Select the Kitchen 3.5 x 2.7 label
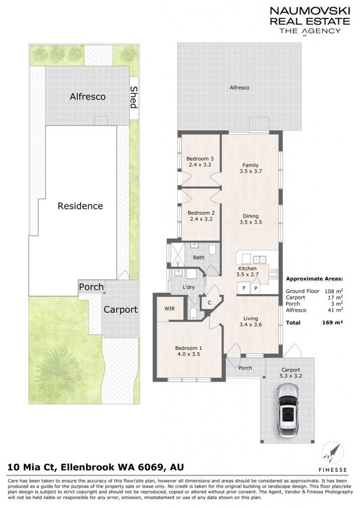click(x=247, y=271)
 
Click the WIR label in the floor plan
click(x=169, y=309)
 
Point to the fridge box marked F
click(x=244, y=288)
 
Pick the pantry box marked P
click(x=256, y=288)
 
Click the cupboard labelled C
click(x=210, y=303)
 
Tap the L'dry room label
click(x=188, y=287)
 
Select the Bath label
click(x=199, y=257)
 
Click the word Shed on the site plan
click(x=134, y=97)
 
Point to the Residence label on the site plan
click(x=80, y=206)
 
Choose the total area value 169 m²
click(x=332, y=322)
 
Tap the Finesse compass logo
click(x=332, y=458)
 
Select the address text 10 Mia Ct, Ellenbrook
click(x=61, y=467)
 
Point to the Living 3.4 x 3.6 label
click(x=251, y=321)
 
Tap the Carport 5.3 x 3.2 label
click(x=290, y=373)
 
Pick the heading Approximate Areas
click(x=314, y=279)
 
